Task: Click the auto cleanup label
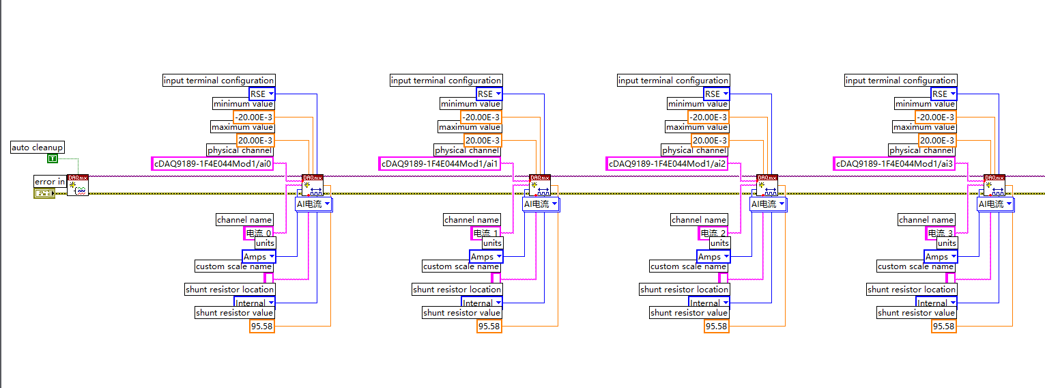point(38,148)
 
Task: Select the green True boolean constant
point(53,158)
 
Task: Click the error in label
point(50,182)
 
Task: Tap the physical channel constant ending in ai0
point(212,164)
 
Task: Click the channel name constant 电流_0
point(258,234)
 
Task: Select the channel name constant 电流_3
point(940,234)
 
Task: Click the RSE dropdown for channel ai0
point(262,94)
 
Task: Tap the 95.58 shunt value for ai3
point(943,327)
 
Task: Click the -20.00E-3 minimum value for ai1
point(481,117)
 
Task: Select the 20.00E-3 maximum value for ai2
point(709,141)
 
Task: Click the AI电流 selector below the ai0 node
point(313,204)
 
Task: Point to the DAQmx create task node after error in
point(77,186)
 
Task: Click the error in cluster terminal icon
point(44,193)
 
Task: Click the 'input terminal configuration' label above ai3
point(900,81)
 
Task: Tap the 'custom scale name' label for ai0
point(234,266)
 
